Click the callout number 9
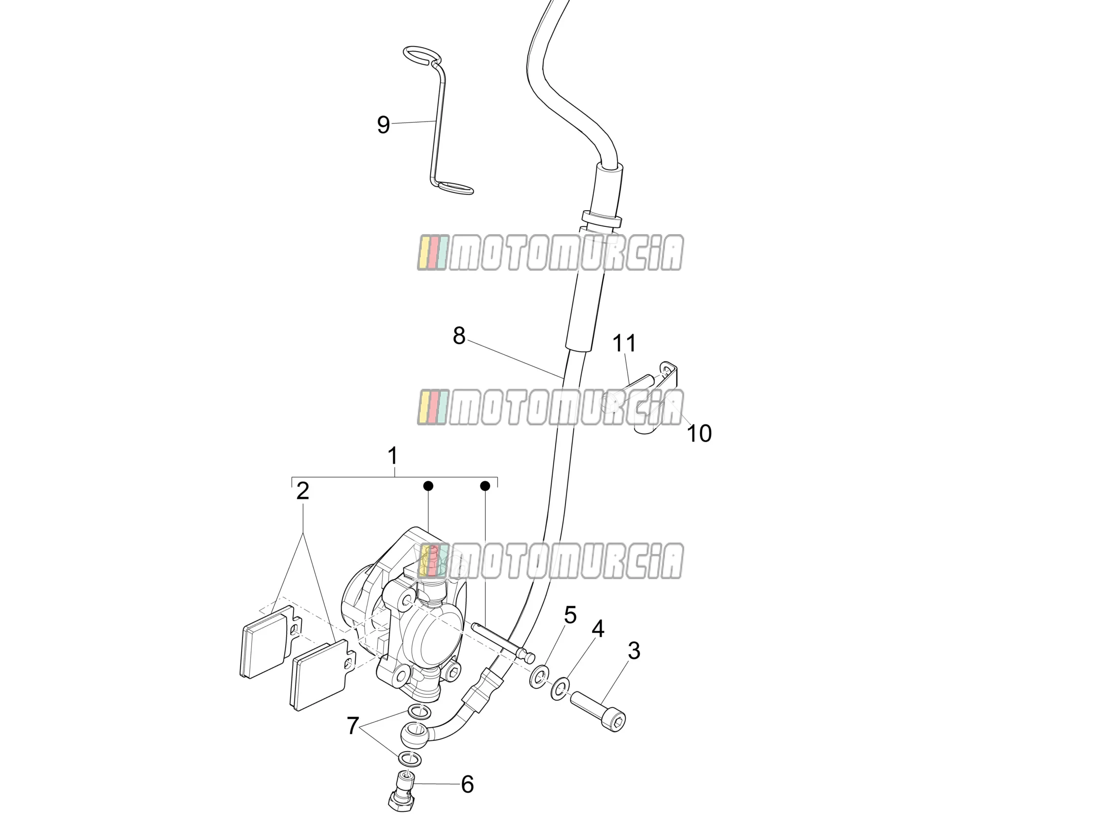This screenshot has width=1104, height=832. click(383, 125)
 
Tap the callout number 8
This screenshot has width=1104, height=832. click(459, 336)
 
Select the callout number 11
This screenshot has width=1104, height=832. click(624, 343)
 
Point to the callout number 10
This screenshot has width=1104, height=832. click(699, 433)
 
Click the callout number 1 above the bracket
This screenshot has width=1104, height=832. click(393, 456)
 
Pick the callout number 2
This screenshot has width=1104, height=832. click(302, 491)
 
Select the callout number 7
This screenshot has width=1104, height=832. click(353, 726)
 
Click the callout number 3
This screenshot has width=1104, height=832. click(634, 651)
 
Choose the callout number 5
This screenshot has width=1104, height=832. click(570, 615)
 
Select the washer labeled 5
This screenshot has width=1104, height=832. click(539, 676)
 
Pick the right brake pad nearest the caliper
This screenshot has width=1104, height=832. click(322, 675)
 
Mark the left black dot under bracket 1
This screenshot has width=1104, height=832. click(428, 486)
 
